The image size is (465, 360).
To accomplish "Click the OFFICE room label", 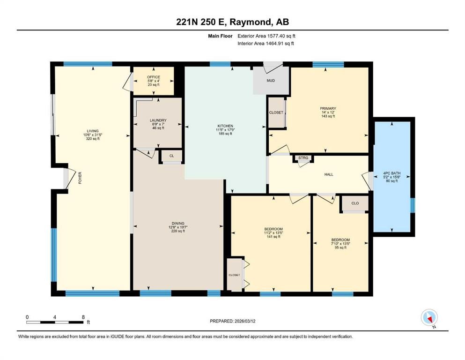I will click(154, 77).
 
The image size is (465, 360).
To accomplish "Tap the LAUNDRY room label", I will click(158, 120).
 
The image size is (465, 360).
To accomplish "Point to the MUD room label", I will click(271, 81).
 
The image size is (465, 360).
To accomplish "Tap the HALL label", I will click(329, 174).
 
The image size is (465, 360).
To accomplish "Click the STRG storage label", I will click(303, 158).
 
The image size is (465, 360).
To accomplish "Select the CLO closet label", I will click(355, 203).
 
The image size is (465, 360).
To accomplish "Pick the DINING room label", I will click(177, 223).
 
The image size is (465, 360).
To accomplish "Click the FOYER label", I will click(80, 177).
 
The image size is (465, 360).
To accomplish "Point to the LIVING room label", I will click(92, 131).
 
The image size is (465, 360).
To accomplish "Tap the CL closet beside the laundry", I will click(172, 156).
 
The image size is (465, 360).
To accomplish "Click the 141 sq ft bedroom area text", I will click(272, 237).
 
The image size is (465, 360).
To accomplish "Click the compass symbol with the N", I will click(429, 317).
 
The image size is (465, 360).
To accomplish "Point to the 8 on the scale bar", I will click(83, 317).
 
